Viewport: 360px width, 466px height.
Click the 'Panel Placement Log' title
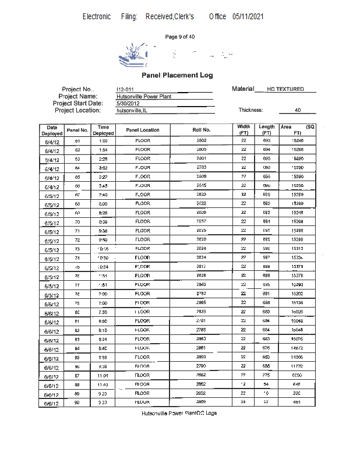(177, 75)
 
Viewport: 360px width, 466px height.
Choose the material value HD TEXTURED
(285, 89)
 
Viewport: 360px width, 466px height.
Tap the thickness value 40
(298, 110)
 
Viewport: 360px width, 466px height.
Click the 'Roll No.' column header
(202, 130)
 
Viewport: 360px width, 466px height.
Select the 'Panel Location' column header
(143, 130)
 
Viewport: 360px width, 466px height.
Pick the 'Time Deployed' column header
(103, 130)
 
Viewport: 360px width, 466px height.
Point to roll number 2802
(202, 141)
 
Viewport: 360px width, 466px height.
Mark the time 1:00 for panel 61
(103, 141)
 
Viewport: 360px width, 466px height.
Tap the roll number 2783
(202, 168)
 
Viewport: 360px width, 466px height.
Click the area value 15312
(297, 249)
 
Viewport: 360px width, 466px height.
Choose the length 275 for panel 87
(267, 375)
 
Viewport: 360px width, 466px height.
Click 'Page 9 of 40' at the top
(180, 37)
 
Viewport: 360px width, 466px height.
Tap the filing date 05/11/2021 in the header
(248, 16)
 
